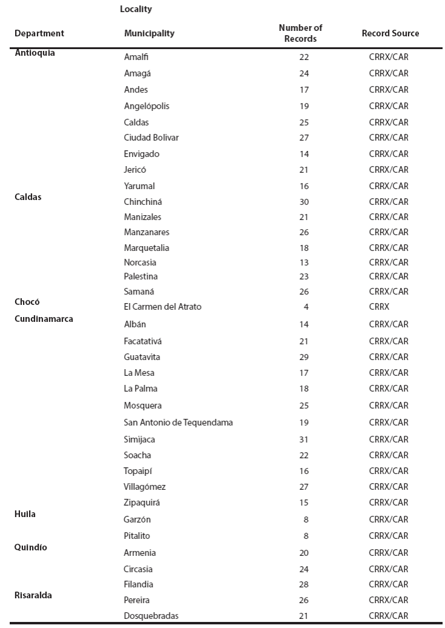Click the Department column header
tap(39, 33)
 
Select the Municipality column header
tap(149, 33)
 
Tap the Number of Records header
tap(300, 33)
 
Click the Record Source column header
tap(390, 33)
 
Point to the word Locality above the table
tap(136, 10)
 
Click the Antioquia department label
tap(35, 53)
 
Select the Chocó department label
tap(27, 301)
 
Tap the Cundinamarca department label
tap(44, 319)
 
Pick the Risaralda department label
tap(33, 595)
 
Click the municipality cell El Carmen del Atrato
tap(162, 307)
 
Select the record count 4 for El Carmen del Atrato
tap(306, 307)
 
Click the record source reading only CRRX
tap(379, 307)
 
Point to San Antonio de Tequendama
tap(178, 423)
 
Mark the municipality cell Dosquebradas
tap(151, 616)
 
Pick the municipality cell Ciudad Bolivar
tap(151, 138)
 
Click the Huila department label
tap(25, 514)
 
